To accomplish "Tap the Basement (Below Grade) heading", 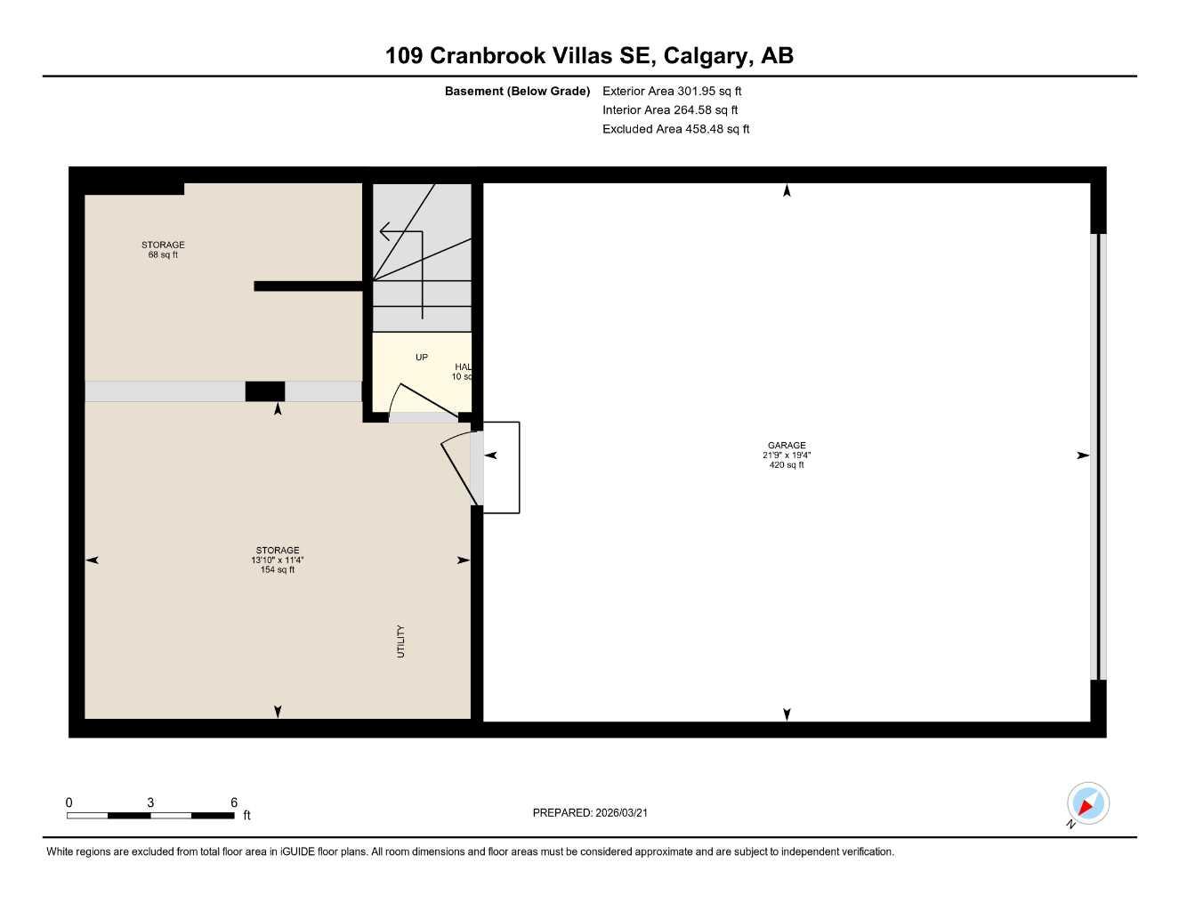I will pos(517,91).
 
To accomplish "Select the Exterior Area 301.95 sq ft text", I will pos(672,91).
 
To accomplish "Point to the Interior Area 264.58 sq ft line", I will pos(670,110).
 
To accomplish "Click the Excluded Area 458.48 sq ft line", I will pos(675,129).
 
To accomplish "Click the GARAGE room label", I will pos(787,446).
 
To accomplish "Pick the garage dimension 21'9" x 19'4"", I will pos(787,455).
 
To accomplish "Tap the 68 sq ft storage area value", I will pos(163,255).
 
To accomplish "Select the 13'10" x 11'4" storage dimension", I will pos(278,560).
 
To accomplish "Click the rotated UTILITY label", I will pos(400,641).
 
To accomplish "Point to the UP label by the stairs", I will pos(422,358).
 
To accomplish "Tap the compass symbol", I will pos(1086,804).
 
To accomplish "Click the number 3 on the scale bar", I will pos(150,802).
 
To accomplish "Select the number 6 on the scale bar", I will pos(234,802).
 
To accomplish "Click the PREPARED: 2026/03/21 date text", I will pos(590,813).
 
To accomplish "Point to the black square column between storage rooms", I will pos(265,391).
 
